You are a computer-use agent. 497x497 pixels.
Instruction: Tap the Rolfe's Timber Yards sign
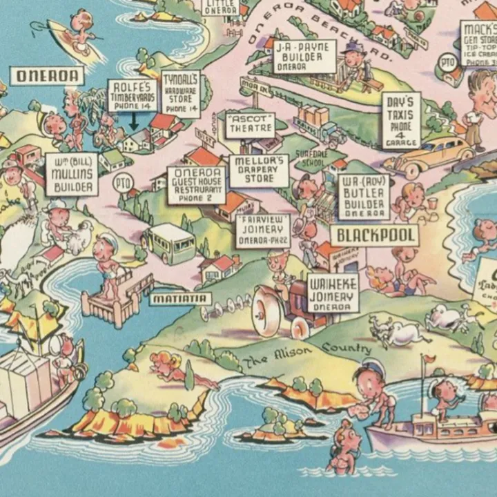[133, 96]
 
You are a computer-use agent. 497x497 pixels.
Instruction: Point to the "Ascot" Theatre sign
[249, 125]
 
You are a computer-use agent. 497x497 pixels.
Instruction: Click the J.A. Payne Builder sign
[304, 57]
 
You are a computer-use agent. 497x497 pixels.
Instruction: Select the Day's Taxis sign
[401, 119]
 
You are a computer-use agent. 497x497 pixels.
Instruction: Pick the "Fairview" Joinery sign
[263, 231]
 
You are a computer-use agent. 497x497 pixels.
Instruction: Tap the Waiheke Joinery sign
[333, 293]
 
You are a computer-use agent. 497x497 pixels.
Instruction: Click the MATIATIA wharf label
[181, 299]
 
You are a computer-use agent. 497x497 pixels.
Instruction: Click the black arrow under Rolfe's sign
[134, 121]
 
